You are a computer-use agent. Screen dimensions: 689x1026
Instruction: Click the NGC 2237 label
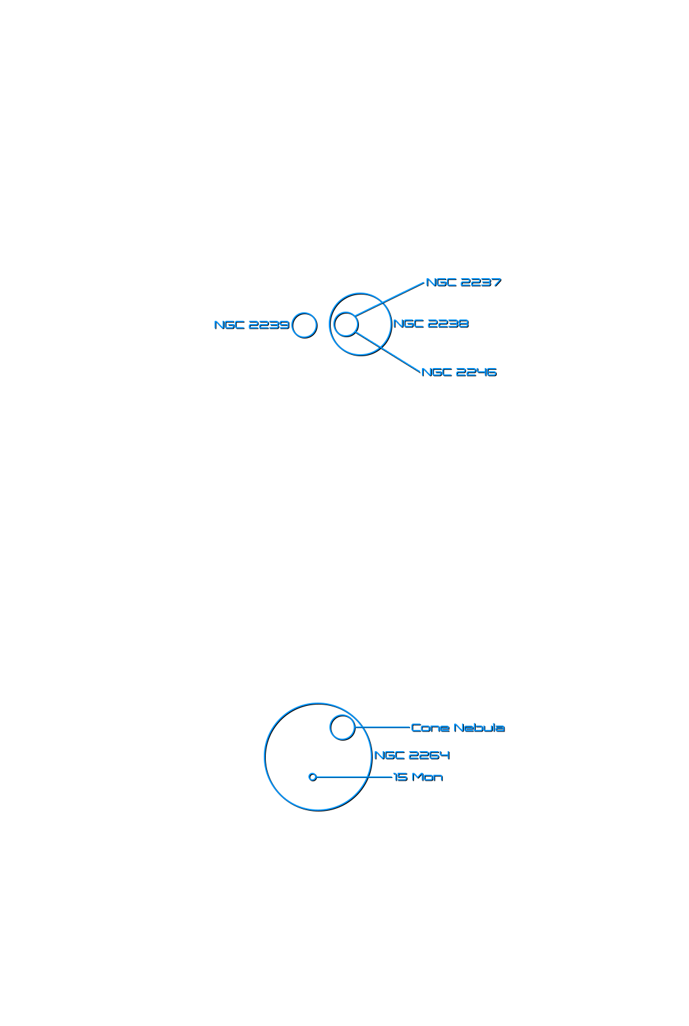464,282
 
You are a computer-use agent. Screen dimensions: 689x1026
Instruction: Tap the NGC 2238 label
431,324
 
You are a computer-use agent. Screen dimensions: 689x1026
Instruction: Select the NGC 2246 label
459,372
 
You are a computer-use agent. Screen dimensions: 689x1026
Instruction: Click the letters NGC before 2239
229,325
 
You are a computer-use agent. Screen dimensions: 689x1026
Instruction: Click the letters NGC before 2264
389,755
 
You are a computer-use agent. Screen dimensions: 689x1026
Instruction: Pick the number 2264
429,755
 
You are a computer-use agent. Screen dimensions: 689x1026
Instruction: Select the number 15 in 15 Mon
400,777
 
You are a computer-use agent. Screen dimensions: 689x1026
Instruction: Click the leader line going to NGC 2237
390,299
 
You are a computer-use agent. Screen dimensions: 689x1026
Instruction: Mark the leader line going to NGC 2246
388,352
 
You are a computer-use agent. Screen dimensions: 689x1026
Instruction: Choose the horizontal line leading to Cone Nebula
383,727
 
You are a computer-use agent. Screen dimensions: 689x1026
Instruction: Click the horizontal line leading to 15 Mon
354,777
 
